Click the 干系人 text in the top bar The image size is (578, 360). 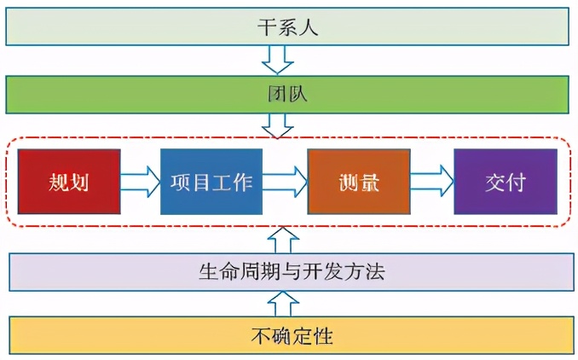(288, 26)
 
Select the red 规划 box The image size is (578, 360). (69, 182)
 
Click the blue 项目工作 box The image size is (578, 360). (211, 182)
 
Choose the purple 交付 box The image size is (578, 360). (505, 182)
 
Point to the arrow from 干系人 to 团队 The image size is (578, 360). (278, 60)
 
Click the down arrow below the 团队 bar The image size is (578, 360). (278, 125)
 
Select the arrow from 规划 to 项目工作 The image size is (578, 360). (140, 181)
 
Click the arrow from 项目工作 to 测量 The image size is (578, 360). (285, 181)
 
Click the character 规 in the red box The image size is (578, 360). (58, 182)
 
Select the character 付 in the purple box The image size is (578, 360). (517, 182)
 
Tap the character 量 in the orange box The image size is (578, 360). (369, 182)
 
